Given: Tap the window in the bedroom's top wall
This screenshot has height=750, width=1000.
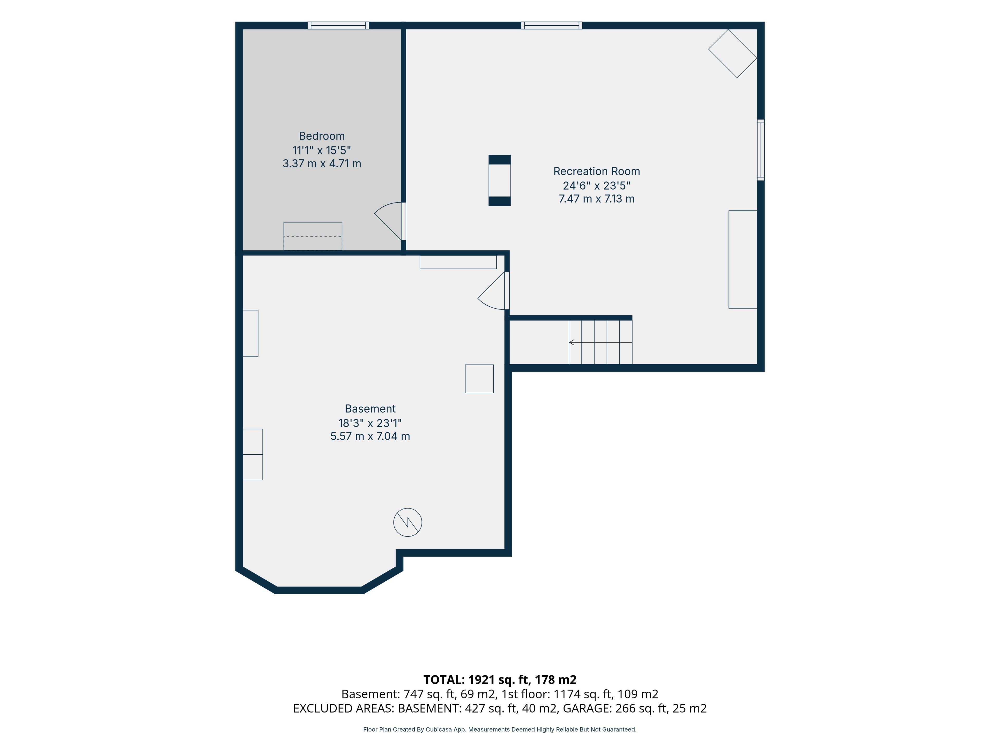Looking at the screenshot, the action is point(338,25).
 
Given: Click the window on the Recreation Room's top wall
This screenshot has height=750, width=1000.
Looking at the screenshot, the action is point(552,25).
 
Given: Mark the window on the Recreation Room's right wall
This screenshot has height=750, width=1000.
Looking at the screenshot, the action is point(761,150).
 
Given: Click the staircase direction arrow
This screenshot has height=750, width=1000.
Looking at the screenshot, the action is point(600,342).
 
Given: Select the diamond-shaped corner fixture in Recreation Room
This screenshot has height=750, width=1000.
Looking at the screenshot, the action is point(732,53).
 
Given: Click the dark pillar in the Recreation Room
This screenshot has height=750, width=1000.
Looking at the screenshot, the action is point(499,180).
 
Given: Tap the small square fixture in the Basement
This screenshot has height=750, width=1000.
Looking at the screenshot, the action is point(479,379).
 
